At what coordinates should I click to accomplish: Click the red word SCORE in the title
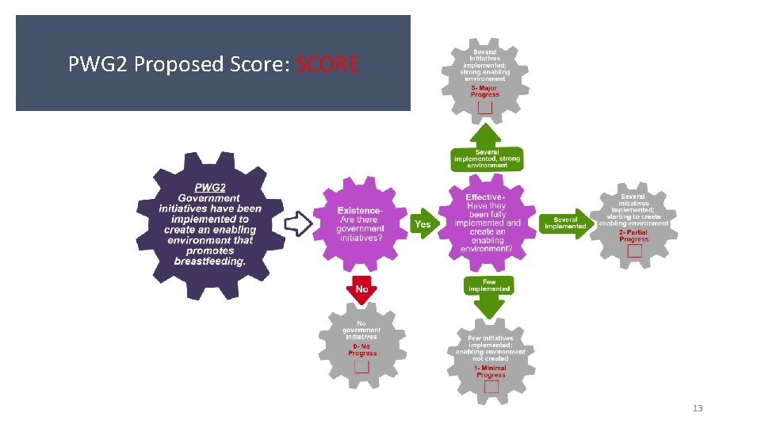pyautogui.click(x=327, y=64)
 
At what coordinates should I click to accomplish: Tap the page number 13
pyautogui.click(x=698, y=408)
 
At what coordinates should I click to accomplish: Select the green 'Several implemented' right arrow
pyautogui.click(x=566, y=224)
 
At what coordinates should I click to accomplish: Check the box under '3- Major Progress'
pyautogui.click(x=484, y=108)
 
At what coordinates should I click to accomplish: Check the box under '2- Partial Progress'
pyautogui.click(x=634, y=251)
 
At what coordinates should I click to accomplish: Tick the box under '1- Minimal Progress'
pyautogui.click(x=491, y=387)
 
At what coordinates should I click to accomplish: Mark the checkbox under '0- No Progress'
pyautogui.click(x=361, y=367)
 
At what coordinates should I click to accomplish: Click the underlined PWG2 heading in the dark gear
pyautogui.click(x=210, y=188)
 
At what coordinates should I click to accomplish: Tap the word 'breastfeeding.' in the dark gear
pyautogui.click(x=210, y=261)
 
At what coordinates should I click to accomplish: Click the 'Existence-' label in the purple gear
pyautogui.click(x=360, y=210)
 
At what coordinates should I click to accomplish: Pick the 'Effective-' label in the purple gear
pyautogui.click(x=485, y=197)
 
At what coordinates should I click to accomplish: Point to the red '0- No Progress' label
pyautogui.click(x=362, y=350)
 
